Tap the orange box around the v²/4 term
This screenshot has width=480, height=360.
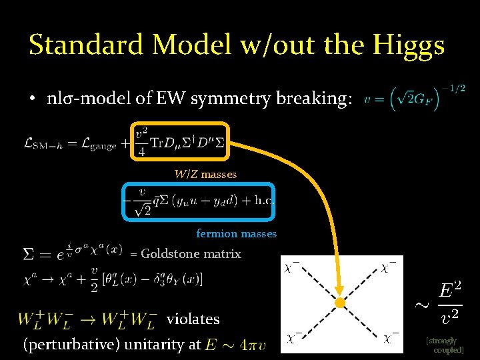tap(181, 124)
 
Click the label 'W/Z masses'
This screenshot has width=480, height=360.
tap(205, 174)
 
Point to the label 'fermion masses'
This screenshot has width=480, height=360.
tap(236, 233)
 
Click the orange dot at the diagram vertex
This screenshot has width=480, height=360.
tap(339, 303)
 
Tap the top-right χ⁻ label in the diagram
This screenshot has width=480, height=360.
tap(389, 267)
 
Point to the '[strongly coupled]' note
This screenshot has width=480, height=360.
tap(445, 345)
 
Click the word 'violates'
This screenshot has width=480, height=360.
tap(193, 319)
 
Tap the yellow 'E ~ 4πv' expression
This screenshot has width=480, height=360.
tap(236, 345)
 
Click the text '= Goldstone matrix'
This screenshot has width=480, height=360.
tap(185, 253)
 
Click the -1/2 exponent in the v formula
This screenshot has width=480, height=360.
tap(455, 88)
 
